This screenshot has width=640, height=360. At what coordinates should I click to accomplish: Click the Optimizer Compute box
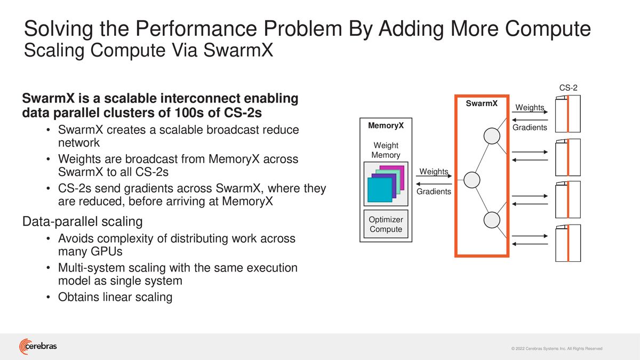pyautogui.click(x=386, y=225)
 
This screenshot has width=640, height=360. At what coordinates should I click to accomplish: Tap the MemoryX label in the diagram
pyautogui.click(x=386, y=126)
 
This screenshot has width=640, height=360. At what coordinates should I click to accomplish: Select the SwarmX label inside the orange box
pyautogui.click(x=482, y=103)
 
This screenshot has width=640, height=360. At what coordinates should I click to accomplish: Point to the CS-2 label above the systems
pyautogui.click(x=568, y=88)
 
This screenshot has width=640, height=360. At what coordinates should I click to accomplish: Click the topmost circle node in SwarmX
pyautogui.click(x=491, y=136)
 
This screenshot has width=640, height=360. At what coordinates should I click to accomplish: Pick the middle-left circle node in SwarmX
pyautogui.click(x=471, y=180)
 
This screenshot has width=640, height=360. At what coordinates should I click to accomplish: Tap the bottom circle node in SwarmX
pyautogui.click(x=491, y=219)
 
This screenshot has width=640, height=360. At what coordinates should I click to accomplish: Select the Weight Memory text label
pyautogui.click(x=386, y=150)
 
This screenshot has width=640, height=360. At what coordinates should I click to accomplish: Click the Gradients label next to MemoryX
pyautogui.click(x=434, y=191)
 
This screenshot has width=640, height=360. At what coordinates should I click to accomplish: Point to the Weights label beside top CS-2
pyautogui.click(x=530, y=108)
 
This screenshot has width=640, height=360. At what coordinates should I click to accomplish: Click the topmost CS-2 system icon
pyautogui.click(x=567, y=114)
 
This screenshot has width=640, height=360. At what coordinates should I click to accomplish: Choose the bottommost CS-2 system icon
pyautogui.click(x=567, y=243)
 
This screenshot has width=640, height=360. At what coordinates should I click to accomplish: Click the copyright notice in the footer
pyautogui.click(x=556, y=348)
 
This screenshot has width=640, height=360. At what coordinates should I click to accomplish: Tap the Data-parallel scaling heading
pyautogui.click(x=82, y=221)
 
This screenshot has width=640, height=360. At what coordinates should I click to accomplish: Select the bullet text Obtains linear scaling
pyautogui.click(x=115, y=297)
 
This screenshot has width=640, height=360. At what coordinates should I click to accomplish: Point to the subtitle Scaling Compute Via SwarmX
pyautogui.click(x=149, y=52)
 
